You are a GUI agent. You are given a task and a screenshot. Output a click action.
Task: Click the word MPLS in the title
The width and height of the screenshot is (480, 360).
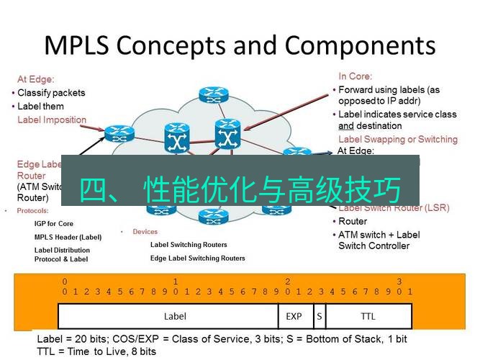(76, 45)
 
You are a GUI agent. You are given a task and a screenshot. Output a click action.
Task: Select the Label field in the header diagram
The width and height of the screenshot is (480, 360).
(175, 316)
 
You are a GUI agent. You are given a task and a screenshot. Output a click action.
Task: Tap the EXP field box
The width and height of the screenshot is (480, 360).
(294, 316)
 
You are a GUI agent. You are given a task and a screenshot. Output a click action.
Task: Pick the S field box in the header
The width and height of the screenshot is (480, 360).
(319, 316)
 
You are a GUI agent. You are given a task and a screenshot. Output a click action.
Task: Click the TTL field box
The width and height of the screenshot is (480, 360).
(368, 316)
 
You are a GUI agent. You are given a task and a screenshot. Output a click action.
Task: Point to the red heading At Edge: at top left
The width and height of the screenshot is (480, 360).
(36, 80)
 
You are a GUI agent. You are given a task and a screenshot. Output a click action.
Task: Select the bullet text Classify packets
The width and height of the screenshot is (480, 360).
(51, 93)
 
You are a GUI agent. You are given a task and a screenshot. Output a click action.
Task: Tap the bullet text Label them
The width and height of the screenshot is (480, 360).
(40, 107)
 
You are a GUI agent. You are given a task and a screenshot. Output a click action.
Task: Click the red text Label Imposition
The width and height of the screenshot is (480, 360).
(52, 120)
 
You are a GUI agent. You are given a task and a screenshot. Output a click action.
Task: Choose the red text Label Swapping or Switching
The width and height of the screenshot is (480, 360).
(397, 139)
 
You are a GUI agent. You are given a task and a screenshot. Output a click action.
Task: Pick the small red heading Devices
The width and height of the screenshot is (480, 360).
(145, 232)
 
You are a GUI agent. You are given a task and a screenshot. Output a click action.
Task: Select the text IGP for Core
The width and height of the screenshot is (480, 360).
(54, 224)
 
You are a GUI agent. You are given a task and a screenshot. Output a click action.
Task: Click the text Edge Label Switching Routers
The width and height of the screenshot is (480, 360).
(197, 258)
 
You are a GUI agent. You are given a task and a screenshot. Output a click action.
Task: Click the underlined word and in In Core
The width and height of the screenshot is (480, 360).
(346, 126)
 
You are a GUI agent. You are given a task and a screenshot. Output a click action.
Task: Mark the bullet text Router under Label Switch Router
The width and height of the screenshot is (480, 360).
(353, 222)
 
